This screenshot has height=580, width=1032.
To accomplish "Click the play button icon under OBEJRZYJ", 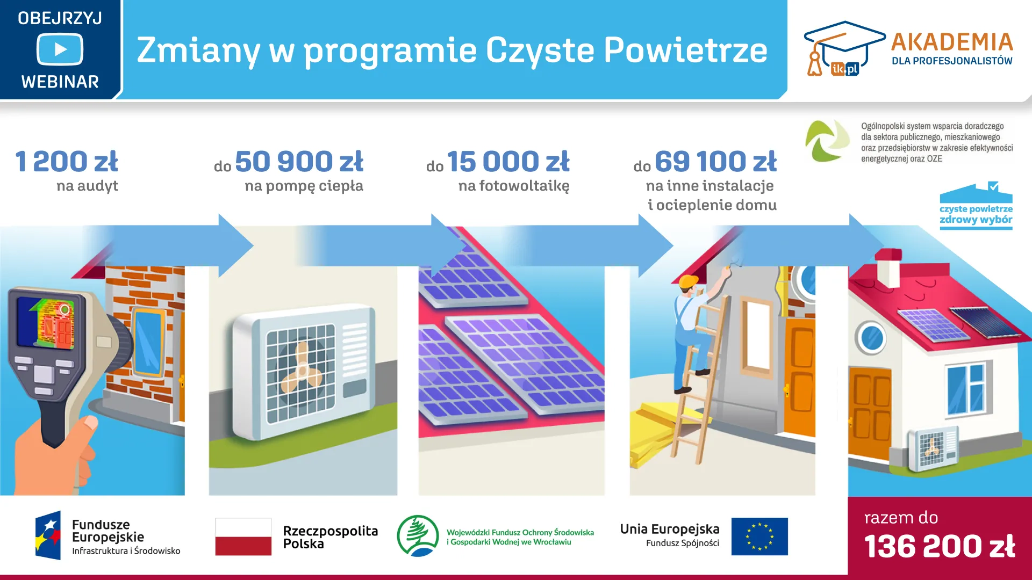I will (x=60, y=49).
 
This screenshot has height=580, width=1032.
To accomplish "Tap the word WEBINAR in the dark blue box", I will (x=60, y=82).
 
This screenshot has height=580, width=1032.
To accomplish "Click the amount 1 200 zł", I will (x=67, y=162).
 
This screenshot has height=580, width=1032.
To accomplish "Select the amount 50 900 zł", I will (x=299, y=162).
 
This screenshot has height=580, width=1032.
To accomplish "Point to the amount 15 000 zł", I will (x=508, y=162).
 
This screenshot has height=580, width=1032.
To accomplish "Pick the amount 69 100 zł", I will (x=715, y=162).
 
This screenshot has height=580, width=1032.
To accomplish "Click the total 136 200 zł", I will (x=940, y=547).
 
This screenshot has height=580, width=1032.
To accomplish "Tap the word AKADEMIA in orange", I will (x=952, y=42).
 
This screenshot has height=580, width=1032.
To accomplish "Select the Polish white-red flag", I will (x=243, y=536).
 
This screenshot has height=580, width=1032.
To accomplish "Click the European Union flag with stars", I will (x=759, y=536).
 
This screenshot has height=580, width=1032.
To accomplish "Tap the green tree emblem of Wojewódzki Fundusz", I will (x=418, y=535).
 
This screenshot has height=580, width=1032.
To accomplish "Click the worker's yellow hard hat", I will (x=688, y=282).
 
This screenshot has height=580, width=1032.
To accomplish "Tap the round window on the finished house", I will (x=871, y=337).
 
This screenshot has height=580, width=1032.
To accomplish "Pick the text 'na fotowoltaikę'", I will (x=513, y=186).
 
